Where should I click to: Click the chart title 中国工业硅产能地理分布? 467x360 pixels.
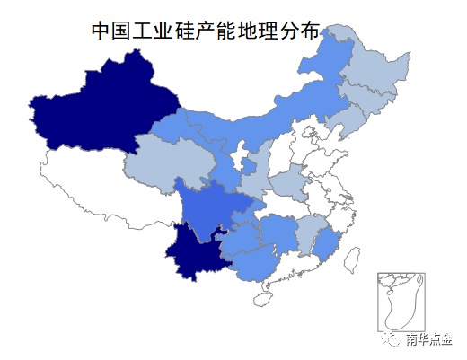(x=205, y=31)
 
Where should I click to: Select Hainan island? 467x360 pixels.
(x=263, y=296)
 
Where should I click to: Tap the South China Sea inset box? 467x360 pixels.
(x=401, y=301)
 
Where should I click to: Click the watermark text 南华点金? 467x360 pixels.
(x=428, y=340)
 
